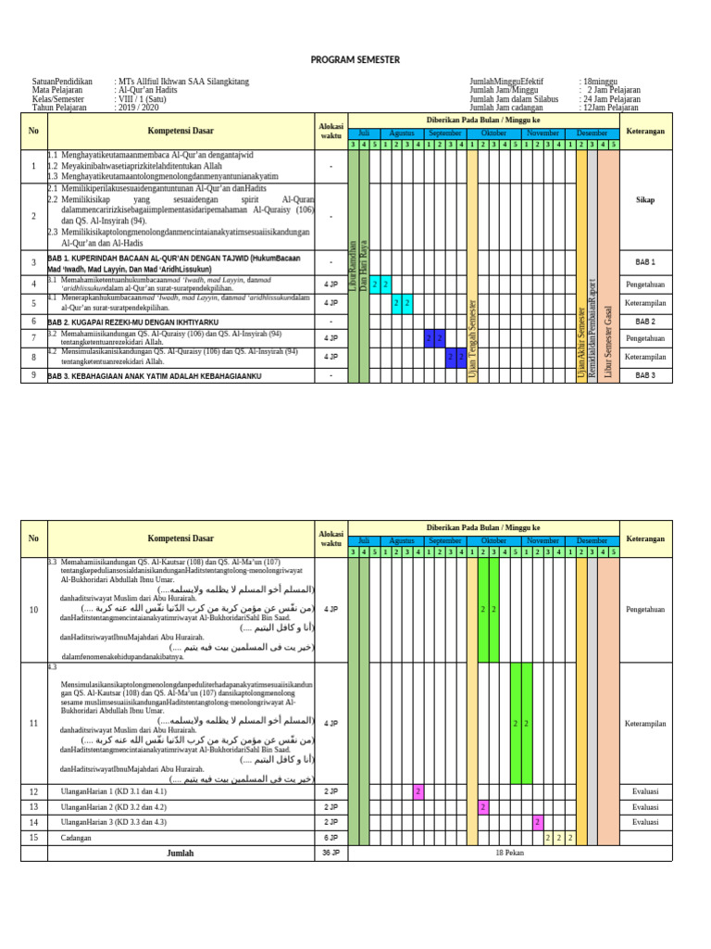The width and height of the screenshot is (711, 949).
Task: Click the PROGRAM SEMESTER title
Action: (x=355, y=59)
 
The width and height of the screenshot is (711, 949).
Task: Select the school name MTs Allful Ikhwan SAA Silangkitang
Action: (x=182, y=82)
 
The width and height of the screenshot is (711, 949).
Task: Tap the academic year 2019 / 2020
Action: (x=138, y=108)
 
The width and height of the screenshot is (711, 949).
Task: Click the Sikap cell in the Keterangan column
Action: (x=645, y=199)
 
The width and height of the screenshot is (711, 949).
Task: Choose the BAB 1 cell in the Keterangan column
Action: (x=645, y=263)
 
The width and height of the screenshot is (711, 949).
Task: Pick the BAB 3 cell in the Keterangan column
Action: (x=645, y=375)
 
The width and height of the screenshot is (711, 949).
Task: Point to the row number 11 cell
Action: (x=33, y=722)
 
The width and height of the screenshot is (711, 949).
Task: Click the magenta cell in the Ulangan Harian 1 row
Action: (x=418, y=791)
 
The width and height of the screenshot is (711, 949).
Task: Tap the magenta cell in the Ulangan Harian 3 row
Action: (x=537, y=822)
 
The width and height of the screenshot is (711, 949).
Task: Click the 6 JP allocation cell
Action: (x=331, y=838)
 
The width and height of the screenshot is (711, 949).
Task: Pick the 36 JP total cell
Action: (x=331, y=853)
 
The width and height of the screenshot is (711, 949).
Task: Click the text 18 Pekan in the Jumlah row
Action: (x=510, y=853)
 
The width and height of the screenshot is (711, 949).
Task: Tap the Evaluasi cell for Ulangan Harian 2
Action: (x=645, y=807)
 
